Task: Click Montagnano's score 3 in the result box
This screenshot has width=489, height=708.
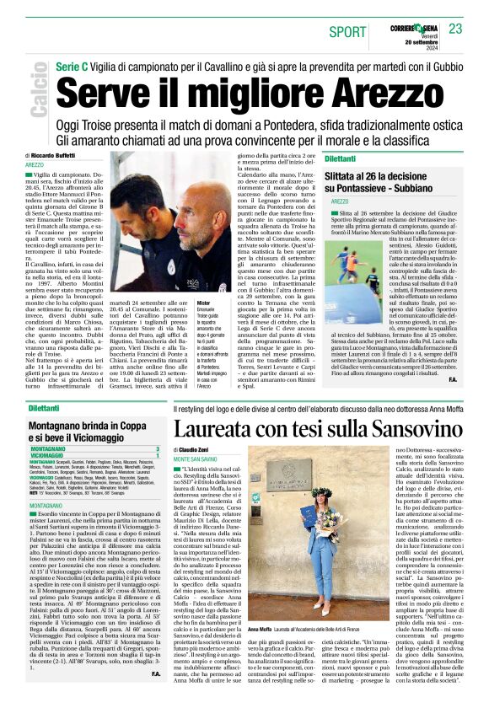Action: pos(157,449)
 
